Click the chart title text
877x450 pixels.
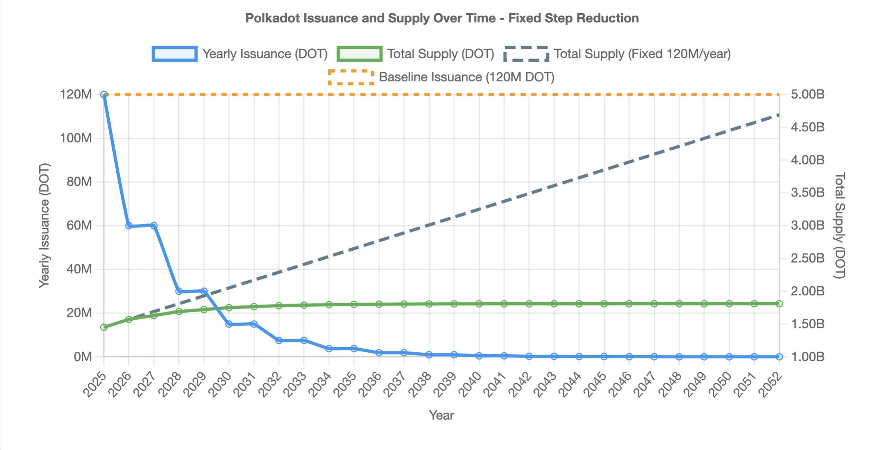point(442,18)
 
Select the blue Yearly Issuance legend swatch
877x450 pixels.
point(174,54)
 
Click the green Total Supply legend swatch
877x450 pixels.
point(360,54)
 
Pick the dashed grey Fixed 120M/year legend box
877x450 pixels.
point(526,54)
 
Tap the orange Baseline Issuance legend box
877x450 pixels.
point(351,77)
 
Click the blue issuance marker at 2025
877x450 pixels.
point(104,94)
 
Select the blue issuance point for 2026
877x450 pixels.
point(129,226)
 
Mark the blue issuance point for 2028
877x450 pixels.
point(179,291)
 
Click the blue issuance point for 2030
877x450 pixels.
point(229,324)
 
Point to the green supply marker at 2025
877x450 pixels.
point(104,327)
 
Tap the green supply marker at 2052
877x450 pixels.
point(779,304)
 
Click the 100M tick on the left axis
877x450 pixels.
point(76,138)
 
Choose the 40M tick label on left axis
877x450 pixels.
point(79,269)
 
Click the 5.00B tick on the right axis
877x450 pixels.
point(808,94)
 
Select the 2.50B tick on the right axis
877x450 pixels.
point(808,258)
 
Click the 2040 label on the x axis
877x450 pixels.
point(470,384)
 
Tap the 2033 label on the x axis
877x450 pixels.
point(295,384)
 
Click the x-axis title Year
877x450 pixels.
point(441,415)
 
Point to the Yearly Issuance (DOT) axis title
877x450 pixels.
point(44,225)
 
